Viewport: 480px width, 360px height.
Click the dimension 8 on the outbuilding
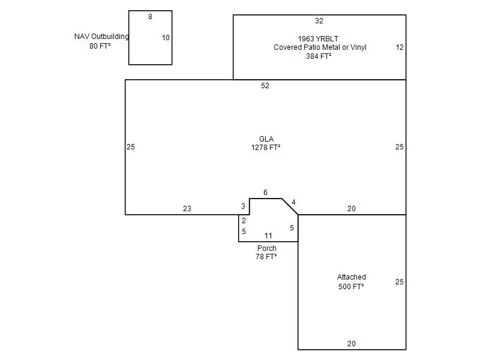pos(150,17)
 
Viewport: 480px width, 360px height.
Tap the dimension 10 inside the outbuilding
pos(166,38)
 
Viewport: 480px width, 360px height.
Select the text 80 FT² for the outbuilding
pos(100,46)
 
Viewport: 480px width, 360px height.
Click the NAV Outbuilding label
pos(101,37)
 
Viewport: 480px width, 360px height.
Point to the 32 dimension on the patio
pos(319,21)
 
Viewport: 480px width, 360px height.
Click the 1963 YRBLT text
pos(318,39)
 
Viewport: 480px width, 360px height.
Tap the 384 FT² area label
pos(319,56)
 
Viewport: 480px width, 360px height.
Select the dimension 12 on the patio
pos(400,47)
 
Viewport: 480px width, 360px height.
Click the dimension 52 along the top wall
pos(265,86)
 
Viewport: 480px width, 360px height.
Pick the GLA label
pos(266,139)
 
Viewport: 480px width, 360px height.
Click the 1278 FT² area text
pos(266,148)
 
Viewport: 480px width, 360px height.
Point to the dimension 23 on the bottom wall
pos(187,209)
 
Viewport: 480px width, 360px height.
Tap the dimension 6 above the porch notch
pos(265,193)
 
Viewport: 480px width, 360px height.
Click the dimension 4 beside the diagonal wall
pos(293,202)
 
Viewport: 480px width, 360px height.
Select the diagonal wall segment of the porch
pos(290,206)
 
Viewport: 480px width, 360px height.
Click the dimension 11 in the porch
pos(268,236)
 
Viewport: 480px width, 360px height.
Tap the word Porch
pos(266,248)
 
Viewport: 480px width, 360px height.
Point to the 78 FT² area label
pos(266,257)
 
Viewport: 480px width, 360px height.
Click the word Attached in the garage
pos(352,277)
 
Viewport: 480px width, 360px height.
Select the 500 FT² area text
pos(351,287)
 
